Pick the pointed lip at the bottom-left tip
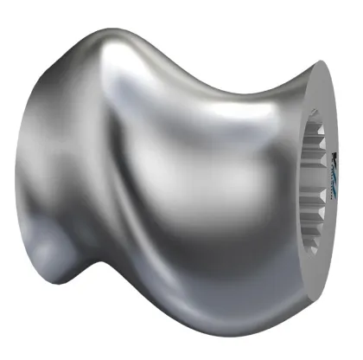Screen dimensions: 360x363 [35, 263]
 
